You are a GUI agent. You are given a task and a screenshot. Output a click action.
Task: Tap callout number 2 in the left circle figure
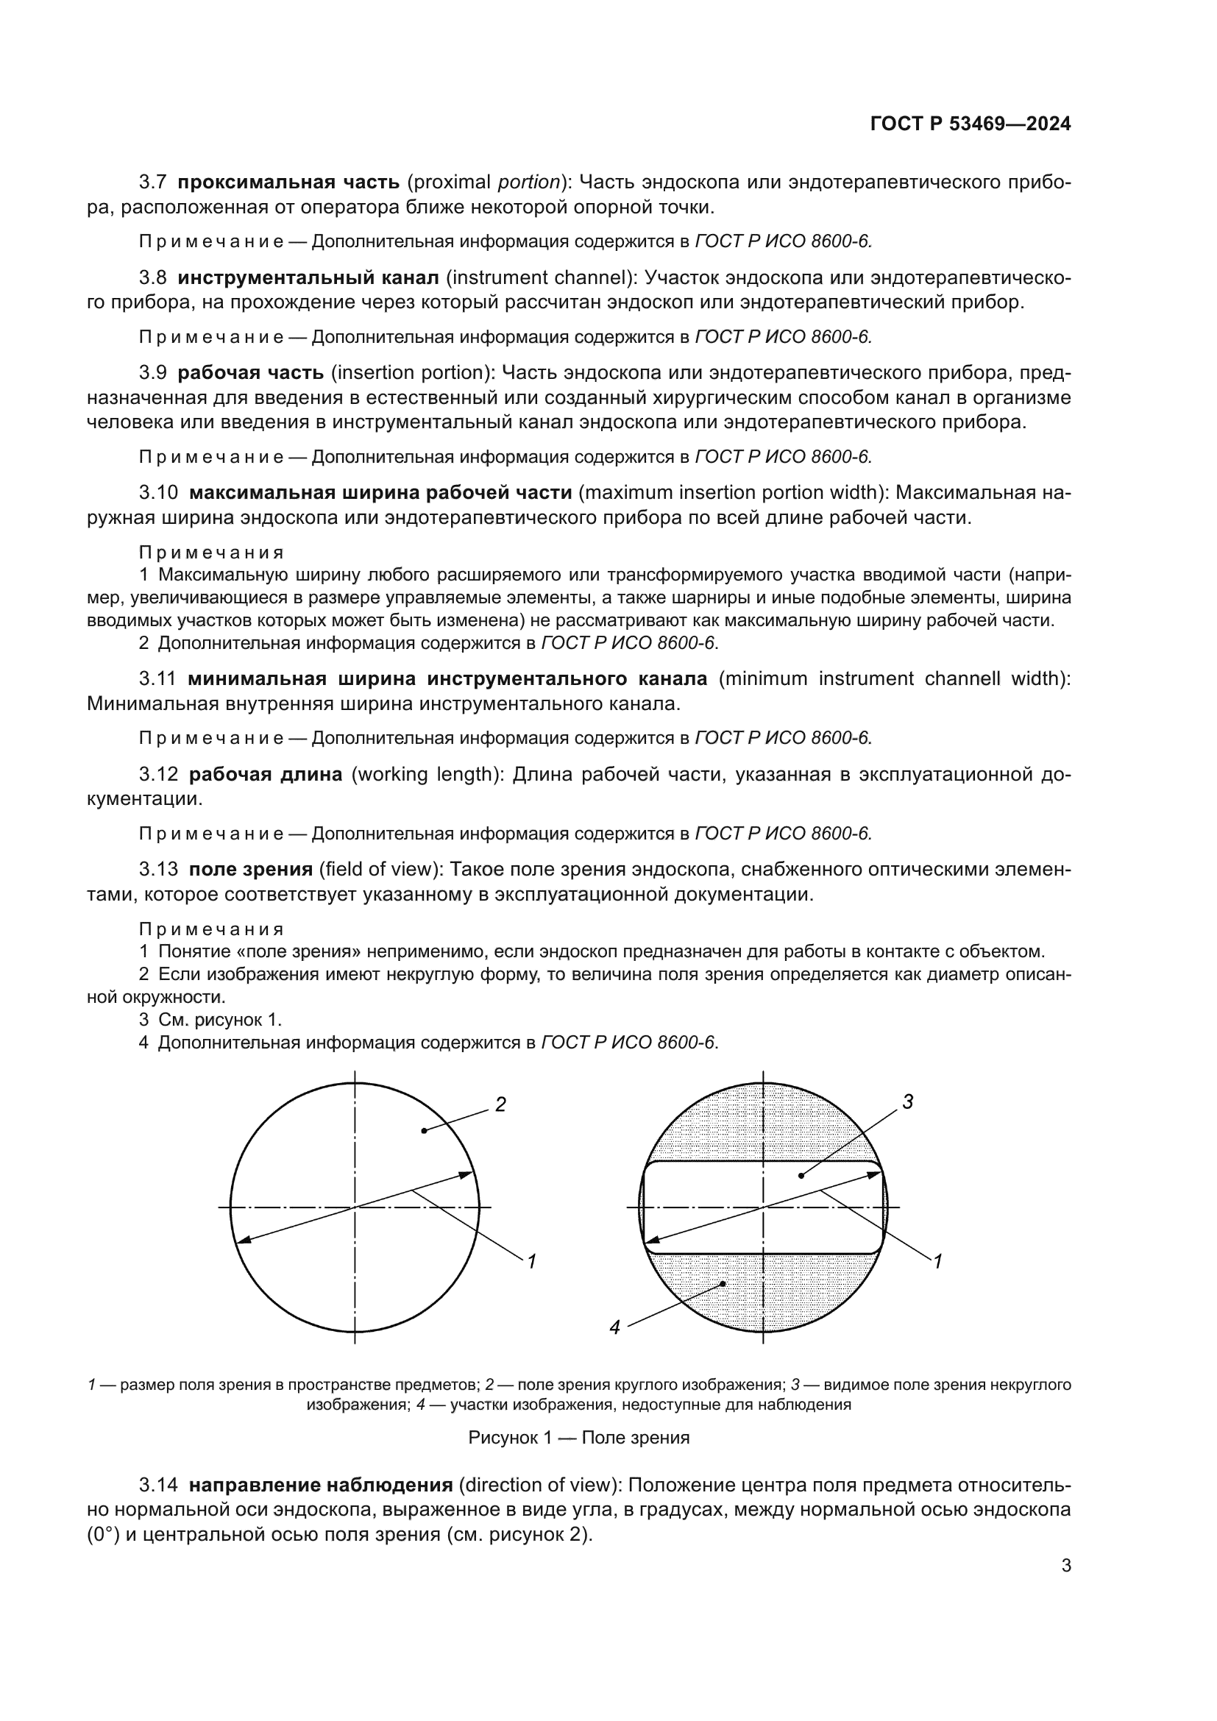tap(500, 1104)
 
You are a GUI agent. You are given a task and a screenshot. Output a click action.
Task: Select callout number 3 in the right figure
tap(907, 1101)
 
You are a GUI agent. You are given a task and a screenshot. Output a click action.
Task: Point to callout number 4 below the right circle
tap(614, 1327)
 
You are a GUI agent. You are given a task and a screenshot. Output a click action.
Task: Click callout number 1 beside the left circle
tap(531, 1262)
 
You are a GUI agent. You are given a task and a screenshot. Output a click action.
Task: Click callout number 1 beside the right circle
tap(937, 1262)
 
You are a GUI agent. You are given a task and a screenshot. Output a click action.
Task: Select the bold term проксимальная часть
tap(288, 182)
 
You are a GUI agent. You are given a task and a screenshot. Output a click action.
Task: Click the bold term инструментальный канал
tap(308, 278)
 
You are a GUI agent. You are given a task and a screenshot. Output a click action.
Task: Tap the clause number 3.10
tap(158, 492)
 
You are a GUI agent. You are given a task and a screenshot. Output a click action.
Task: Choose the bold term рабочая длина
tap(266, 774)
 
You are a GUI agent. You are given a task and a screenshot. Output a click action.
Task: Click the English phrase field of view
tap(378, 870)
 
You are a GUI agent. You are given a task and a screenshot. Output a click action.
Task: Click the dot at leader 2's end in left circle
tap(424, 1130)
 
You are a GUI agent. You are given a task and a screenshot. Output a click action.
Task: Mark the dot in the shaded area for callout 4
tap(723, 1284)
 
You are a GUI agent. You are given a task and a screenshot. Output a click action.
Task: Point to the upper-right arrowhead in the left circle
tap(469, 1174)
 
